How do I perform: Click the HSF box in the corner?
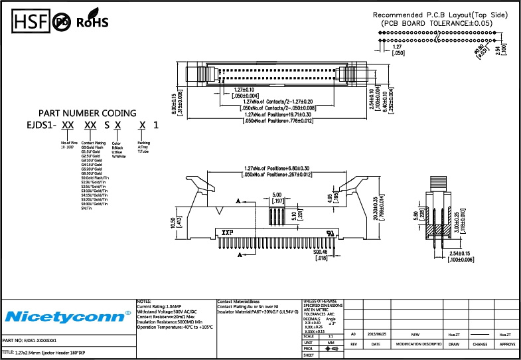[29, 22]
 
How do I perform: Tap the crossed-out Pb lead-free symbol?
[62, 22]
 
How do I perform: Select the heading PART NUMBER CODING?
[87, 113]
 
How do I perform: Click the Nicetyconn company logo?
[67, 314]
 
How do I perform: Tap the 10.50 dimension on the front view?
[173, 225]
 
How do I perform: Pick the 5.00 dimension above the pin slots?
[276, 195]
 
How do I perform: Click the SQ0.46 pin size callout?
[321, 253]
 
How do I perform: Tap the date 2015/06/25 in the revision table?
[376, 335]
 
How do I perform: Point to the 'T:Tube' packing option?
[143, 152]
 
